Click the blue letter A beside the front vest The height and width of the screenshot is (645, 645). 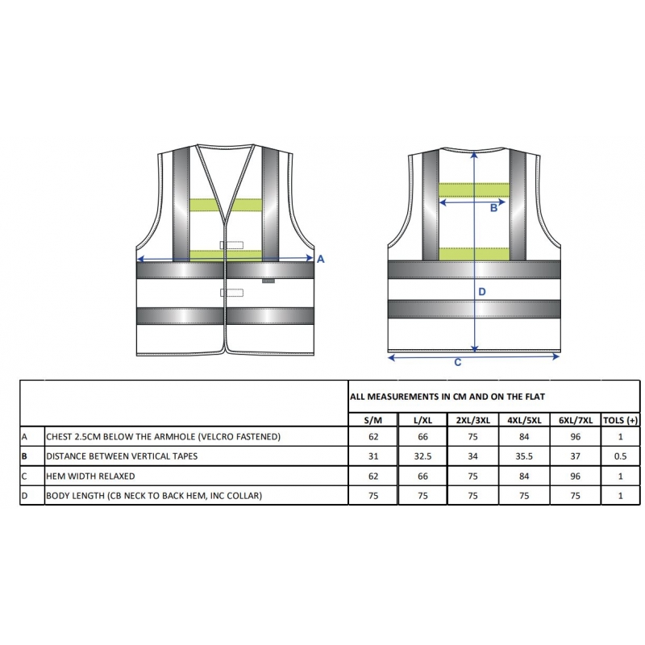[320, 259]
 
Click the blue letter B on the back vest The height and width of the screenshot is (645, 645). [493, 208]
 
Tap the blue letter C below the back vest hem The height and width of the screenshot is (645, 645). [457, 362]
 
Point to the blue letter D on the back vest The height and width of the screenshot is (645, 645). [482, 292]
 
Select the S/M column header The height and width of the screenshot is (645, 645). [373, 420]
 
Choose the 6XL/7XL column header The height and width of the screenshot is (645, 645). [576, 420]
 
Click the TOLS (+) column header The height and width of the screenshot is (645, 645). [620, 420]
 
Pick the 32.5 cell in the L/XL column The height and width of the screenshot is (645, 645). [422, 456]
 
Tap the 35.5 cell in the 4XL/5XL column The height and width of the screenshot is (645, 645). [523, 456]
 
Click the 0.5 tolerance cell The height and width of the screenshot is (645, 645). [620, 456]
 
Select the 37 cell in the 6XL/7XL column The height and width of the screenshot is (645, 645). [576, 456]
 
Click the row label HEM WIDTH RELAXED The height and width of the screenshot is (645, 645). [90, 476]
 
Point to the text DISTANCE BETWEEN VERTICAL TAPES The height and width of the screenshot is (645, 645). [122, 456]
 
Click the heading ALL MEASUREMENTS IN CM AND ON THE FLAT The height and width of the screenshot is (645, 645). [447, 397]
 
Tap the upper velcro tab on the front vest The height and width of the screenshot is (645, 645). [231, 246]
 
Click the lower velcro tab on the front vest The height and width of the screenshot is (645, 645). [231, 293]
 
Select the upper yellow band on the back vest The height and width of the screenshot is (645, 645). [474, 190]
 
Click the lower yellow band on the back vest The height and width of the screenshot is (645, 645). [474, 254]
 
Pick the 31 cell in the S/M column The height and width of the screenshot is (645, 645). [373, 456]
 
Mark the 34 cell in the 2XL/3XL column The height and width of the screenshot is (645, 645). [472, 456]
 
